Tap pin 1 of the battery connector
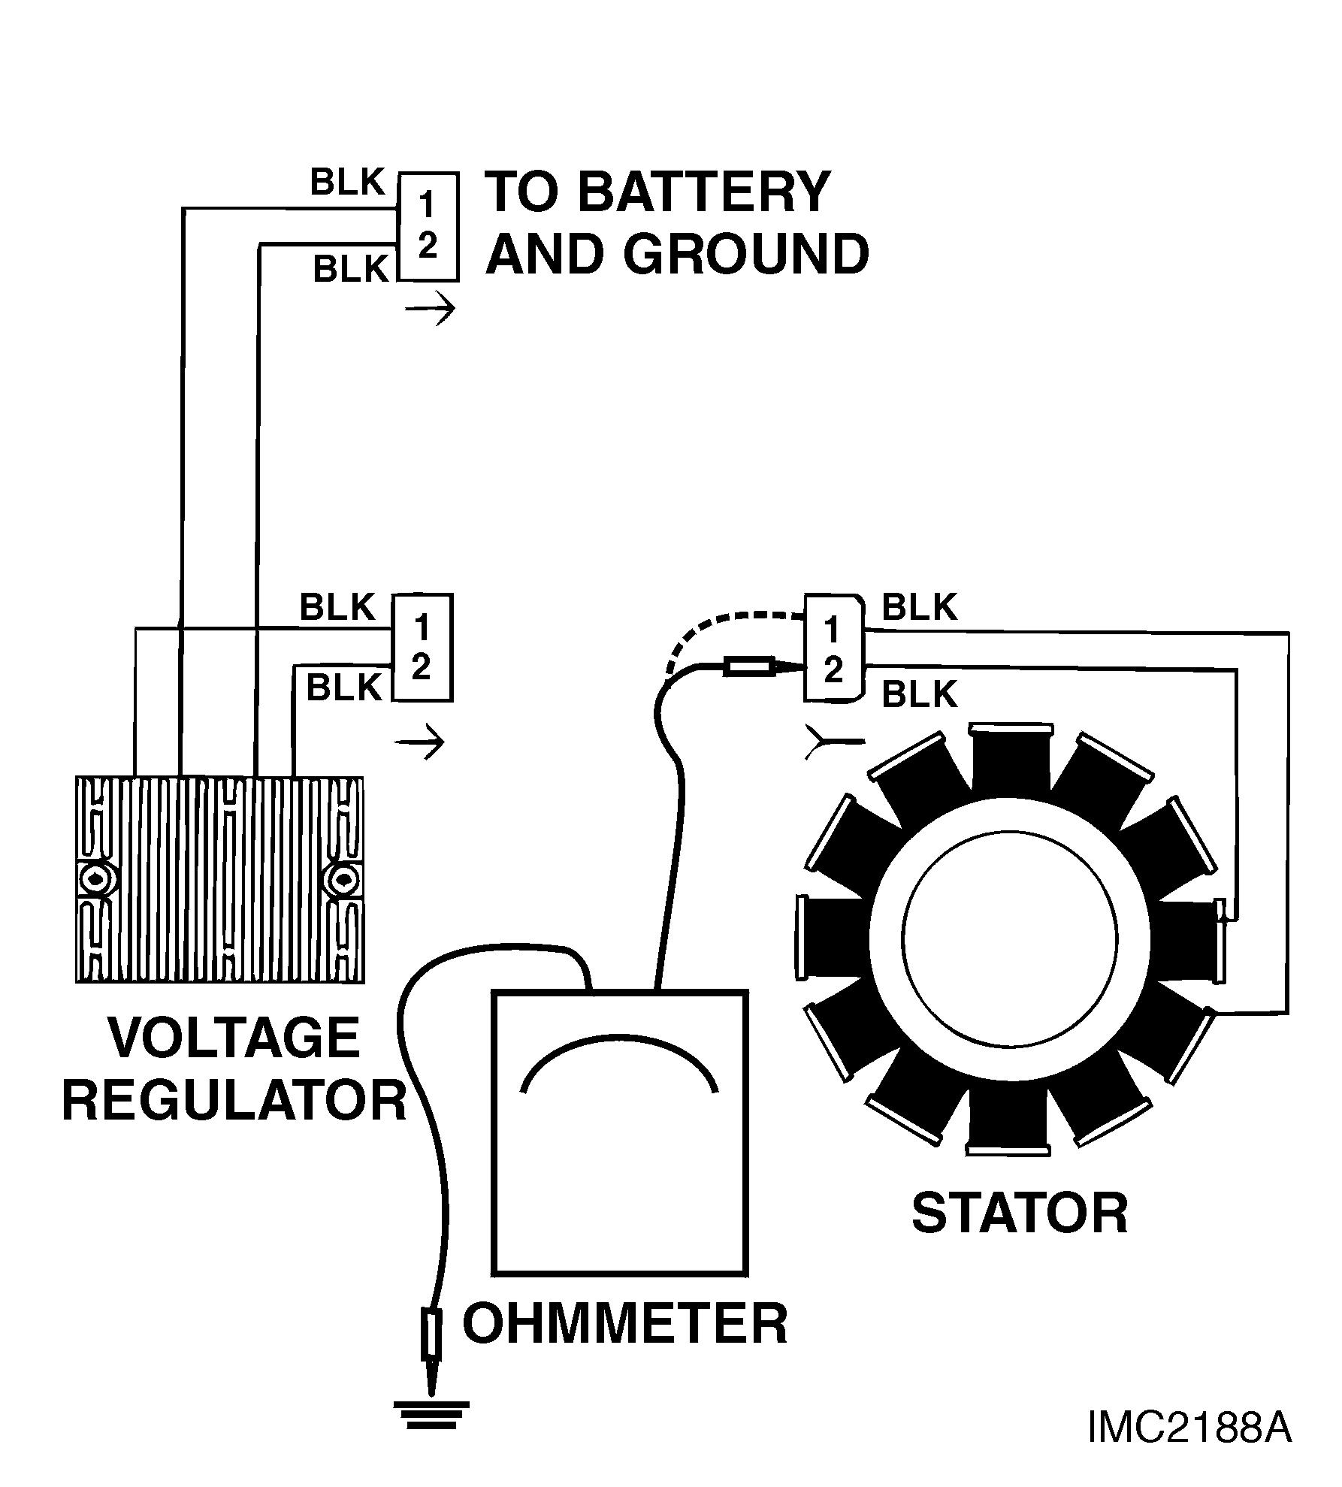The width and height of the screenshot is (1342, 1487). pos(426,204)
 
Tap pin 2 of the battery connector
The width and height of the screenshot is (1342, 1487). pos(427,246)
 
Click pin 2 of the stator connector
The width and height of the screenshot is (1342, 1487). pos(833,671)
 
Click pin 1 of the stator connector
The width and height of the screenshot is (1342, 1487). pos(832,630)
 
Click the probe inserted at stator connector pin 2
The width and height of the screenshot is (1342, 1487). pos(748,666)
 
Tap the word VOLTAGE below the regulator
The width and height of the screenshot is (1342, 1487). pos(234,1038)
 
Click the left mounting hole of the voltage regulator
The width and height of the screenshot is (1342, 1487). pos(96,878)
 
